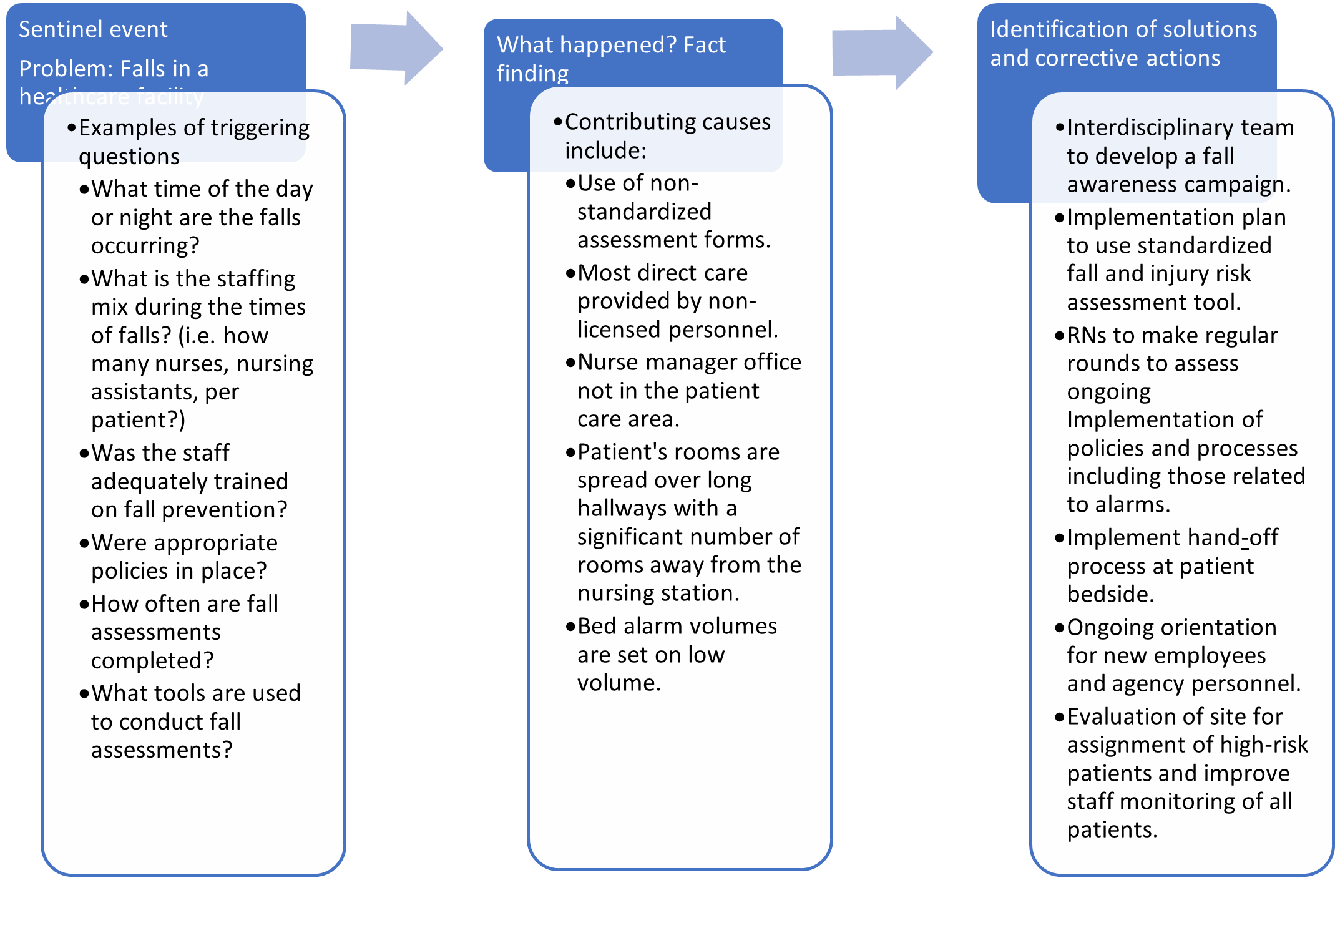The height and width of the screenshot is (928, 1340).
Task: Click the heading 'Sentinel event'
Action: tap(93, 29)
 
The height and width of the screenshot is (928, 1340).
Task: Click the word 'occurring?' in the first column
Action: tap(145, 245)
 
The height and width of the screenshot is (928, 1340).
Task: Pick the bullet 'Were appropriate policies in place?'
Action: tap(184, 557)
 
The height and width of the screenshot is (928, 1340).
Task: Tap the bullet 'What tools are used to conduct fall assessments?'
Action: tap(195, 721)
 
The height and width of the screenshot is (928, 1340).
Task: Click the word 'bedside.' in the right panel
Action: tap(1110, 593)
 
